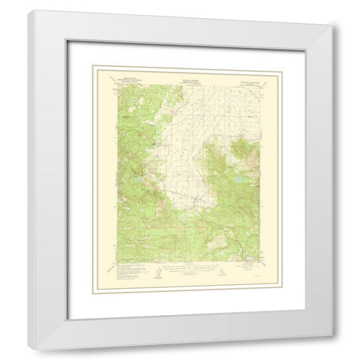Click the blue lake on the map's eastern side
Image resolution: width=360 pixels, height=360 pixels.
click(x=237, y=181)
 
